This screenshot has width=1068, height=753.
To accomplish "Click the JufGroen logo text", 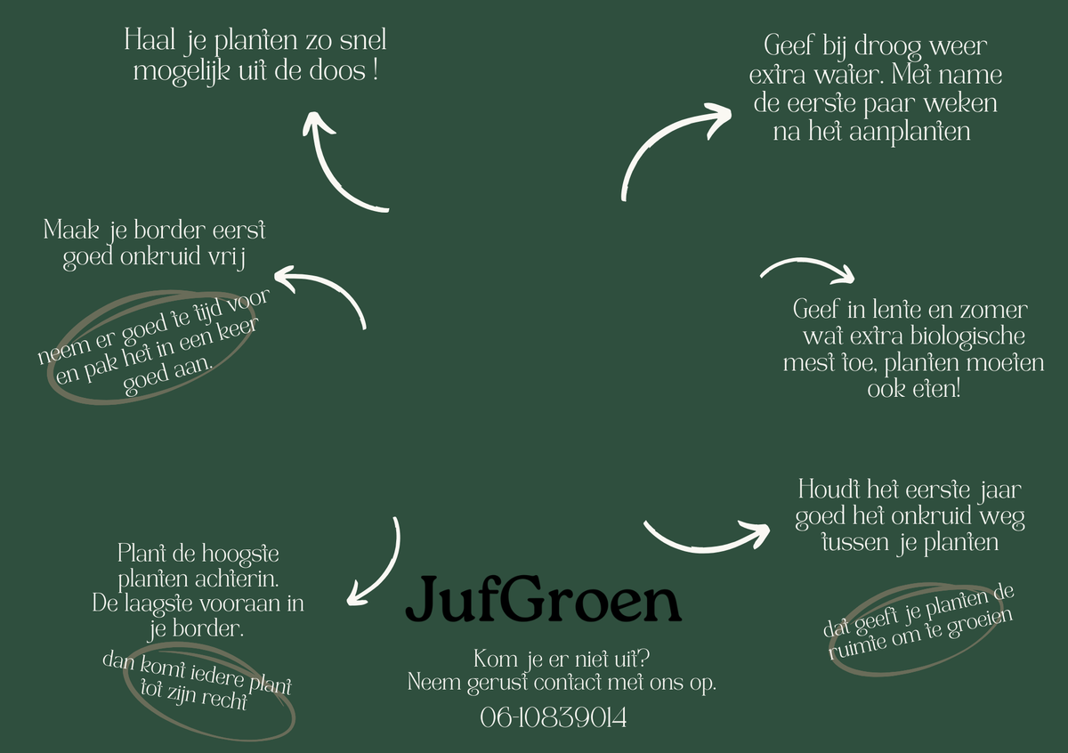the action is [x=544, y=599].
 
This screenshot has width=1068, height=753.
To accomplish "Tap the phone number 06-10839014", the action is [x=553, y=717].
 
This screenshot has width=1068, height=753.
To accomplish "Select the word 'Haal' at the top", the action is [x=150, y=39].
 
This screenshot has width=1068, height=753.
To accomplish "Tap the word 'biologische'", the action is [x=968, y=336].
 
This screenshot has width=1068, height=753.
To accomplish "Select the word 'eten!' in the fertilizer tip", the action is [x=936, y=389].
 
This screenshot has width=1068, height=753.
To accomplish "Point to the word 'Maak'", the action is [x=71, y=230].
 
